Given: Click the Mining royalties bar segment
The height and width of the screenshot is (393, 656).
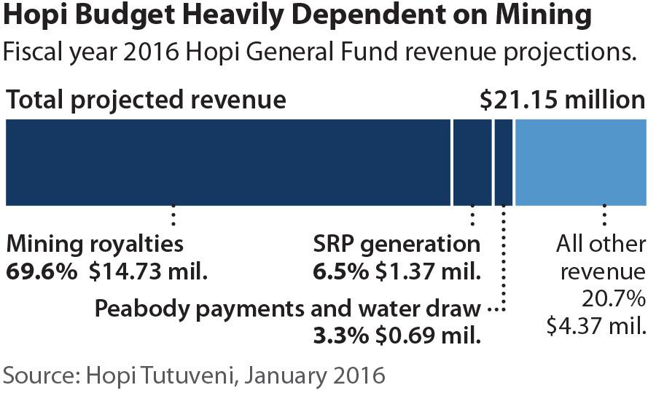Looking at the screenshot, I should tap(227, 162).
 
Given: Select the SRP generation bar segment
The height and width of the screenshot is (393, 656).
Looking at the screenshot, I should tap(472, 162).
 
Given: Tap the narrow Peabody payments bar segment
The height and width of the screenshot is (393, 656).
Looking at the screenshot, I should tap(503, 162).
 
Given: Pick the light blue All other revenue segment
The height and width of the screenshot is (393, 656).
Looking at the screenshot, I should tap(580, 162).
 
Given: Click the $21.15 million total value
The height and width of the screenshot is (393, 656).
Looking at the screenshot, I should tap(563, 100).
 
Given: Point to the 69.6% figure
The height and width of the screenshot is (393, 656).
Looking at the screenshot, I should tap(42, 272).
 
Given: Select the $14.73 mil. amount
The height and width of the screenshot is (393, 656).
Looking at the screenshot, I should tap(149, 272).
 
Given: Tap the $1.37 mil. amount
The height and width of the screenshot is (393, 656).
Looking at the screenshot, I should tap(429, 272).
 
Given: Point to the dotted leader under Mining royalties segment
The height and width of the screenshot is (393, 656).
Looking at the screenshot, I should tap(173, 218).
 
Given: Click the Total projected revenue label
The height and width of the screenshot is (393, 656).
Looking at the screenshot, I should tap(146, 100).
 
